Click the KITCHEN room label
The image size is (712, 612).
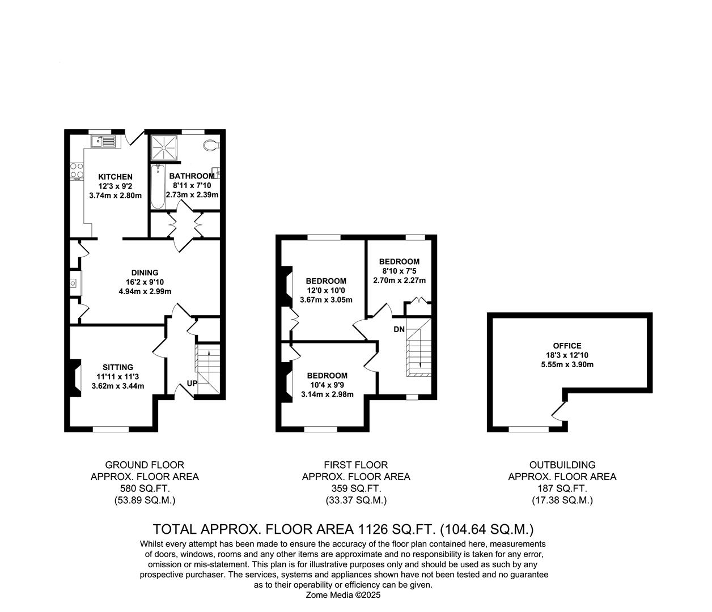pos(115,177)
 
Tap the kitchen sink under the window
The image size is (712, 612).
pos(103,141)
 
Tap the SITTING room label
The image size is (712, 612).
pos(118,367)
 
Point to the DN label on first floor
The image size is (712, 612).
pos(399,329)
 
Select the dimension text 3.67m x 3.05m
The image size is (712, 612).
pos(326,300)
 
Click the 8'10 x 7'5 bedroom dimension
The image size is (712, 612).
pos(399,271)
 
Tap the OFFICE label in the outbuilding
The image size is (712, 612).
pos(567,346)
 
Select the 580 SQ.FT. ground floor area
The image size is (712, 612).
pos(145,488)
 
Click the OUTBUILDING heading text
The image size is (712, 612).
pos(562,465)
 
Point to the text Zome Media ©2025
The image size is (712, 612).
pos(344,595)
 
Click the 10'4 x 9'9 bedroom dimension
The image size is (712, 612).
pos(327,385)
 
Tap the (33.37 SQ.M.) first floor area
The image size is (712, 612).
pos(356,500)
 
